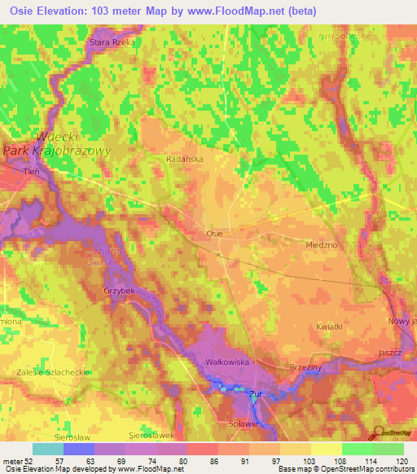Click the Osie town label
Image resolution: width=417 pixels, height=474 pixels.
click(214, 233)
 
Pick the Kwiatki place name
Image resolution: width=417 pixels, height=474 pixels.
click(328, 326)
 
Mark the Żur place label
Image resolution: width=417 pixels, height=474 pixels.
click(256, 393)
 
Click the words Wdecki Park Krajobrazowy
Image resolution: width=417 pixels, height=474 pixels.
click(57, 144)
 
